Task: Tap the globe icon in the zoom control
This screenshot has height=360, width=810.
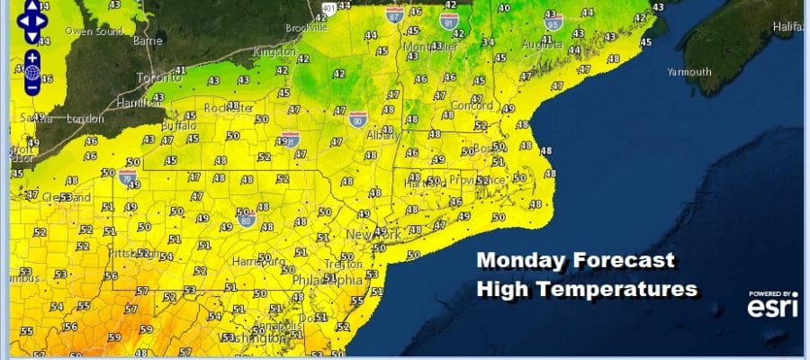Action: point(31,72)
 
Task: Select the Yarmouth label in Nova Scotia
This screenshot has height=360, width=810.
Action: point(688,71)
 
